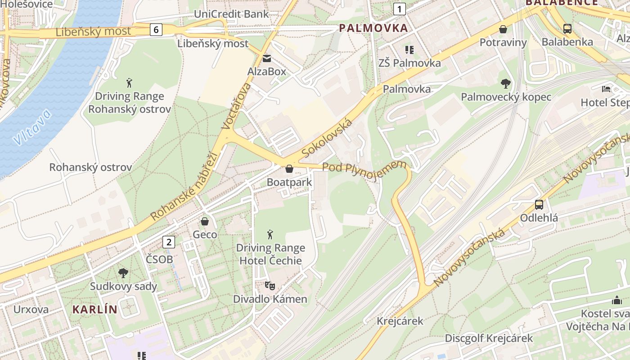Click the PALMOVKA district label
(373, 28)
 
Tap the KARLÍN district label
(94, 310)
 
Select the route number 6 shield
(156, 30)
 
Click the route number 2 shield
(168, 242)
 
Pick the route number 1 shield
(399, 8)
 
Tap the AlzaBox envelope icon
(267, 58)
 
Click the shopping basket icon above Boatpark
(289, 169)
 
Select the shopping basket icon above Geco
(205, 221)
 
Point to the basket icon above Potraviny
(503, 29)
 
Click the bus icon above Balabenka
(567, 29)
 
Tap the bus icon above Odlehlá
(539, 205)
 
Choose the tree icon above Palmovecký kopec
(506, 84)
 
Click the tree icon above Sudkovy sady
(123, 273)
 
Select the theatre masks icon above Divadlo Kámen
(270, 285)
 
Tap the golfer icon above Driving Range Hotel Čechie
(270, 234)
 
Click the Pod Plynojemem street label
(364, 171)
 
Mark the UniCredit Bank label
(231, 14)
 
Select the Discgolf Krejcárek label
(489, 338)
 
